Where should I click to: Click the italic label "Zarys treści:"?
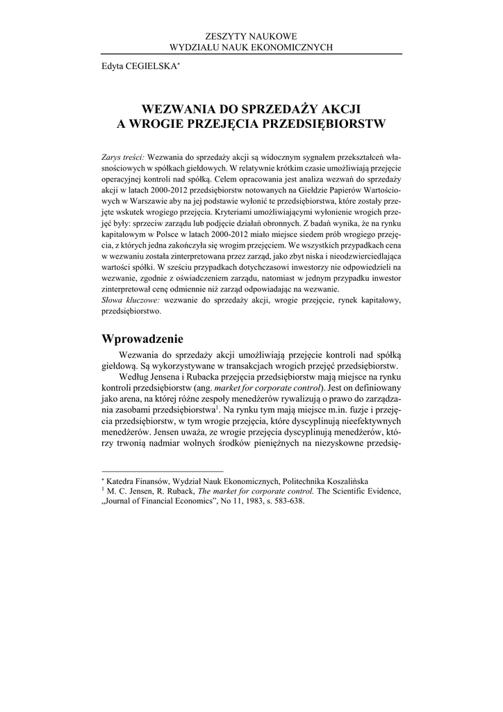[x=122, y=156]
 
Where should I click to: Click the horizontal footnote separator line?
[x=162, y=471]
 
